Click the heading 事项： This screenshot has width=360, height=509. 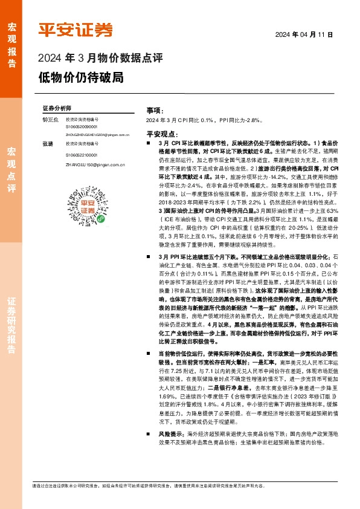pos(155,111)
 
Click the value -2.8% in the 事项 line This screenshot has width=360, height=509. pos(252,121)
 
